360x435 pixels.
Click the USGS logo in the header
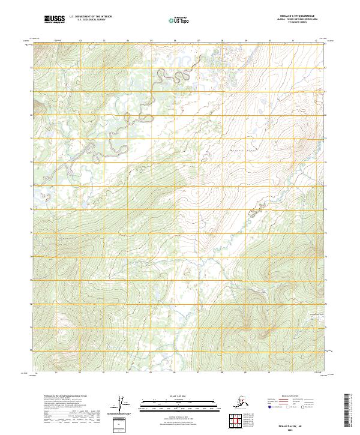(54, 19)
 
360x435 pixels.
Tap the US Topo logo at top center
(179, 19)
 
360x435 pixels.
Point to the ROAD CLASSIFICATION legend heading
(293, 395)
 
